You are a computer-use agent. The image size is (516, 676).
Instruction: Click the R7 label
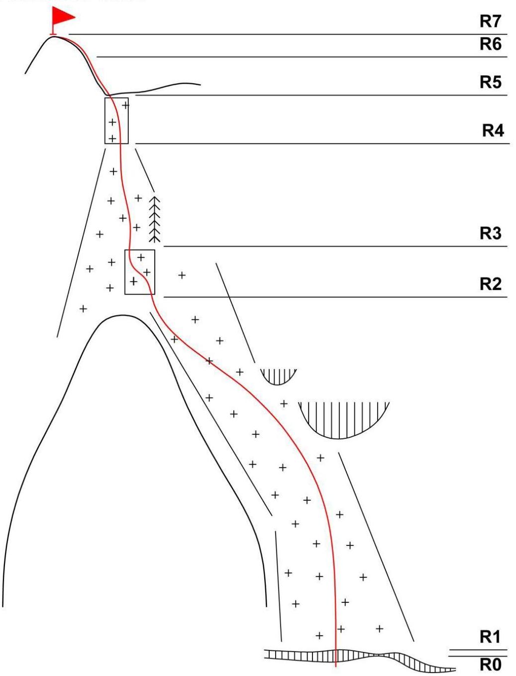pyautogui.click(x=490, y=21)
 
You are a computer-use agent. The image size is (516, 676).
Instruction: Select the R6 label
pyautogui.click(x=490, y=44)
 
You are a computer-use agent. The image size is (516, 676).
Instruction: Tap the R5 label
pyautogui.click(x=490, y=82)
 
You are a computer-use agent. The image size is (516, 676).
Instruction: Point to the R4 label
pyautogui.click(x=493, y=131)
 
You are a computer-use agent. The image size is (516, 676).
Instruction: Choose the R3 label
pyautogui.click(x=490, y=233)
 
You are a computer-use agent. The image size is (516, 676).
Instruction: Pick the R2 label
pyautogui.click(x=490, y=284)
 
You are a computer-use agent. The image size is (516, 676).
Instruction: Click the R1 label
pyautogui.click(x=490, y=637)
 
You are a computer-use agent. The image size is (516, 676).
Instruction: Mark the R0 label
pyautogui.click(x=490, y=665)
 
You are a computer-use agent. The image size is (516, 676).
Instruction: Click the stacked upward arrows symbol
pyautogui.click(x=155, y=219)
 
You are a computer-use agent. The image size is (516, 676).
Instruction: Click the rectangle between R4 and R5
pyautogui.click(x=116, y=121)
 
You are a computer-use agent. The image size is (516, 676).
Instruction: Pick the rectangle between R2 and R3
pyautogui.click(x=140, y=272)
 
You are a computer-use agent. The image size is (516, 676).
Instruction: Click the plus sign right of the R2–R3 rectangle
pyautogui.click(x=182, y=275)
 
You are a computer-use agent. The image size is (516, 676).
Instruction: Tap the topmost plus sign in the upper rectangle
pyautogui.click(x=125, y=105)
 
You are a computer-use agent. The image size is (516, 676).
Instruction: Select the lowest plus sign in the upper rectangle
pyautogui.click(x=112, y=138)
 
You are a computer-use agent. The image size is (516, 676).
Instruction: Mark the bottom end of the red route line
pyautogui.click(x=336, y=665)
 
